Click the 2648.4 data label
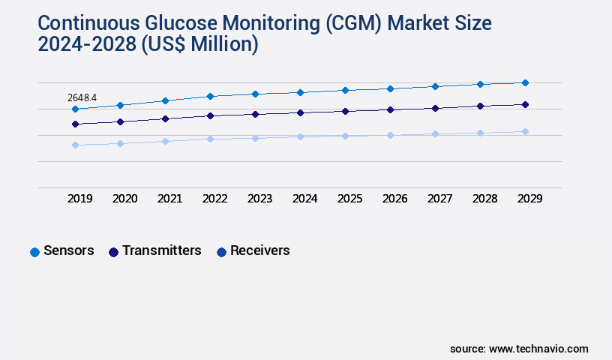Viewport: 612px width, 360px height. tap(82, 97)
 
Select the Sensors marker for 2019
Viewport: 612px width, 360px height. tap(75, 109)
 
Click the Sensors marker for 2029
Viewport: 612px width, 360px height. tap(525, 82)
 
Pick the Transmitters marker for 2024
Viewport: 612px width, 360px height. tap(300, 112)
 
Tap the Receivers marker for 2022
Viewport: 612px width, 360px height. tap(210, 139)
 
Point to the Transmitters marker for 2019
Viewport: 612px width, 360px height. tap(75, 124)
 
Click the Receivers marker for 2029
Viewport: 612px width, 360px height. tap(525, 131)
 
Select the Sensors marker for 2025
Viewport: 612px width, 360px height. tap(345, 90)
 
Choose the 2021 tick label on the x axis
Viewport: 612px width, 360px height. tap(169, 199)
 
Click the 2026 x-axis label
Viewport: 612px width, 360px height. tap(394, 199)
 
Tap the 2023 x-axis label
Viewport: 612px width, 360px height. tap(259, 199)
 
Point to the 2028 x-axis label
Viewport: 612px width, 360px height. tap(484, 199)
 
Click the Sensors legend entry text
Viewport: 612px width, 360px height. tap(69, 250)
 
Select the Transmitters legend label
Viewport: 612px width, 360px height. tap(162, 250)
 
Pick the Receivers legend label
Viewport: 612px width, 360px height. tap(259, 250)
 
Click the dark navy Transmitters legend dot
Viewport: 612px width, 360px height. tap(114, 252)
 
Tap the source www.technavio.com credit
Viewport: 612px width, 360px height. tap(519, 349)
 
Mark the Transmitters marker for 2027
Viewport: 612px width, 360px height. tap(435, 108)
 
